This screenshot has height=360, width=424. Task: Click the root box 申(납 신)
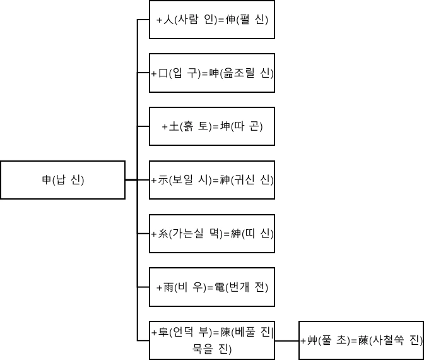click(x=62, y=180)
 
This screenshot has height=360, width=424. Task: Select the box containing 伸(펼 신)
click(x=212, y=20)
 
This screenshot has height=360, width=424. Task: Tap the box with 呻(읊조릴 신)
click(x=212, y=73)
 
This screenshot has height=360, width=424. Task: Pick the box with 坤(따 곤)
click(x=212, y=126)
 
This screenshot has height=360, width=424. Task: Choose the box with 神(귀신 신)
click(x=212, y=180)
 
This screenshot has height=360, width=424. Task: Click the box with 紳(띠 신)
click(x=212, y=234)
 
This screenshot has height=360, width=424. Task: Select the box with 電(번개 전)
click(x=212, y=287)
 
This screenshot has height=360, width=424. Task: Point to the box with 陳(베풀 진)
click(x=212, y=340)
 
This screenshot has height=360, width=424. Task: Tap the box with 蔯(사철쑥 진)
click(x=362, y=340)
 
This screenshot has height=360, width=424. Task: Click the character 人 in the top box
click(x=168, y=20)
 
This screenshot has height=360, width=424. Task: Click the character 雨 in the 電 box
click(x=168, y=288)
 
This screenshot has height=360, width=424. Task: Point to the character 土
click(x=174, y=127)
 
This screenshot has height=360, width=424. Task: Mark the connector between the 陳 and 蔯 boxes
click(x=287, y=340)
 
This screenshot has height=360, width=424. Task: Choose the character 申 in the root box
click(x=46, y=181)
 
